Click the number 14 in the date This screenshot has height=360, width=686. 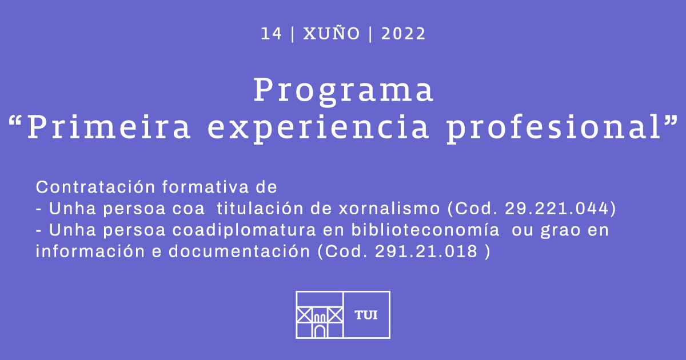[271, 34]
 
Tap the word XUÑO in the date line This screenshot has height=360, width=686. [332, 33]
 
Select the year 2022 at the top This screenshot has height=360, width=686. [404, 34]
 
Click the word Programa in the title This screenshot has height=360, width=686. [344, 90]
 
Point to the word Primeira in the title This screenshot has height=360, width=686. [109, 127]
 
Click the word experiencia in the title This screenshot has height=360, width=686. [318, 129]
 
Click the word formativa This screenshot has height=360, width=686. [205, 187]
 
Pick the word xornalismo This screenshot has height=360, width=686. [389, 209]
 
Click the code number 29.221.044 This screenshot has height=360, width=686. [556, 209]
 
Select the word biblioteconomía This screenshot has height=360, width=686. [425, 230]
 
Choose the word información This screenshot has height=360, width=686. [90, 251]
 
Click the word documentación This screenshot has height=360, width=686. [240, 251]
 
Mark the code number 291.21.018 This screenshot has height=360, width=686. [426, 251]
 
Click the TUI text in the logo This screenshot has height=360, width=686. [366, 315]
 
